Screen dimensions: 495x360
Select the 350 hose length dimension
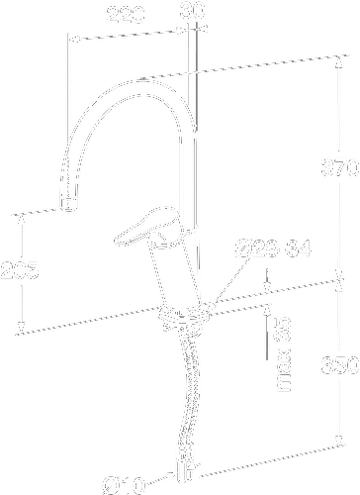(x=339, y=365)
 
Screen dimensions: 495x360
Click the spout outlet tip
(x=67, y=203)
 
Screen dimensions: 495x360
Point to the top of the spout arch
(x=138, y=82)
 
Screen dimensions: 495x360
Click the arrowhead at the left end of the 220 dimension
(x=70, y=42)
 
